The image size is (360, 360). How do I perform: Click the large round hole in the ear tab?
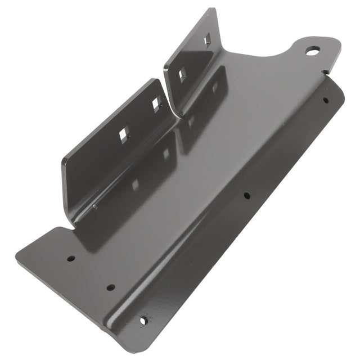[312, 51]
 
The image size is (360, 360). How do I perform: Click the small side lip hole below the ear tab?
[325, 100]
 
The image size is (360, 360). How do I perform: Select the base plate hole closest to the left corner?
[71, 259]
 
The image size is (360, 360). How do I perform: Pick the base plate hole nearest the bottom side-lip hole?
[111, 287]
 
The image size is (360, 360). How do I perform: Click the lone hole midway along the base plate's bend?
[246, 196]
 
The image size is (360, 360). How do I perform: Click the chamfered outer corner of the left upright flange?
[64, 160]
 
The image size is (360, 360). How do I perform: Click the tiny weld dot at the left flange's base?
[94, 206]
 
